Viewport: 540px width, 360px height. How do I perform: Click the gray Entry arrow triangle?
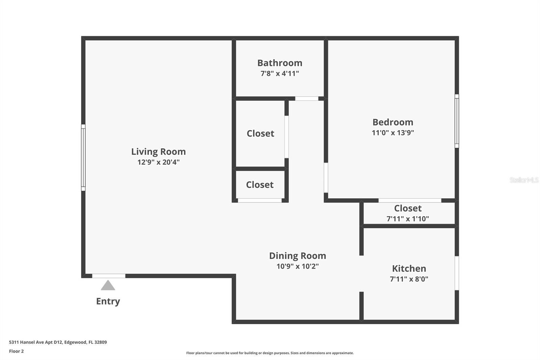click(108, 286)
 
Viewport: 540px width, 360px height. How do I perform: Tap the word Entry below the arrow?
click(108, 301)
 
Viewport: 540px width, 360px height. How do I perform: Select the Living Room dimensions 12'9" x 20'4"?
click(158, 162)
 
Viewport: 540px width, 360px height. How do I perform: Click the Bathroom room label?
click(279, 63)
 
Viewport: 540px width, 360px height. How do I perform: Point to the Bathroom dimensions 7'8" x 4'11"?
click(279, 73)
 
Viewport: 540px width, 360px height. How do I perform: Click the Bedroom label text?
click(393, 122)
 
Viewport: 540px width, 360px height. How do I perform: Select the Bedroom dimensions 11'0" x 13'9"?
click(393, 133)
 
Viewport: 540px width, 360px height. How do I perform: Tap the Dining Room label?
click(297, 256)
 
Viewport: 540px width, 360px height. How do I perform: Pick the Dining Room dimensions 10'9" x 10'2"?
click(297, 266)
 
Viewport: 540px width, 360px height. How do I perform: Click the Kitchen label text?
click(409, 268)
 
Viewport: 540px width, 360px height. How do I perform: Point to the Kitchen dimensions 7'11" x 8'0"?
click(409, 279)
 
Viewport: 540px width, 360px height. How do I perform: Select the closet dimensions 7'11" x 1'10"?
click(407, 219)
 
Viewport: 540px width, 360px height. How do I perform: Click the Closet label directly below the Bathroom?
click(260, 133)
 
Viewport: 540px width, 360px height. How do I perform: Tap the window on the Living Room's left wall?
click(83, 157)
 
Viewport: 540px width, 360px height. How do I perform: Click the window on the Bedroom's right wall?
click(457, 121)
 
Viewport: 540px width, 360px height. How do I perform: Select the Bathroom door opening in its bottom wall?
click(306, 99)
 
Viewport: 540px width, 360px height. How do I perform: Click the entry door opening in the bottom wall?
click(109, 276)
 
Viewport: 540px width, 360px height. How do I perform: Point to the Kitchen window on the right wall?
click(457, 273)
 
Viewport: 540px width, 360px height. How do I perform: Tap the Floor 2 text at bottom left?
click(16, 351)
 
